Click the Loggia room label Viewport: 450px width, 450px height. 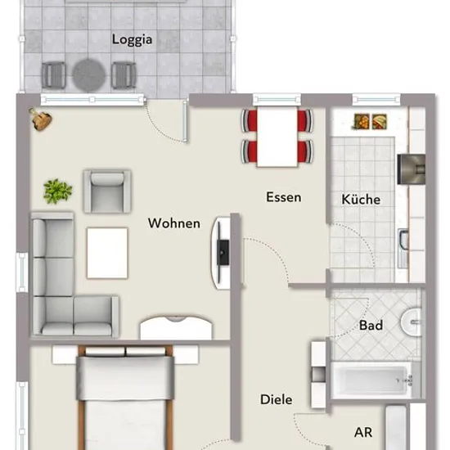click(x=132, y=39)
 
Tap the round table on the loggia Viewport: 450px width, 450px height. click(x=89, y=75)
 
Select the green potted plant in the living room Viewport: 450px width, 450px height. click(x=57, y=191)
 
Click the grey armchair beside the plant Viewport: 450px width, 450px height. click(x=107, y=191)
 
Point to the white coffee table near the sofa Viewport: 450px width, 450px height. click(x=107, y=253)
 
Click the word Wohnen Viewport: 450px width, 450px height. click(x=174, y=223)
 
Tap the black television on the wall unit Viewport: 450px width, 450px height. click(x=223, y=253)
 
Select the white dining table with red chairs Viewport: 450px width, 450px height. click(x=277, y=137)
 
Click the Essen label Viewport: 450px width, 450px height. click(x=284, y=197)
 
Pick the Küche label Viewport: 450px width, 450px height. click(x=361, y=199)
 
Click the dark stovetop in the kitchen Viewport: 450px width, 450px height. click(x=411, y=169)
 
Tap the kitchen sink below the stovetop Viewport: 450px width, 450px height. click(x=403, y=248)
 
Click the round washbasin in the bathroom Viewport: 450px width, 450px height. click(x=411, y=322)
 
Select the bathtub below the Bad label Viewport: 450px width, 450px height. click(x=371, y=380)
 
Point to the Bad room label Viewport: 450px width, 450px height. click(x=371, y=325)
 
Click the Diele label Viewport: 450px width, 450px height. click(x=276, y=399)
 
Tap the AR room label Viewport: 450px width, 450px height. click(x=363, y=432)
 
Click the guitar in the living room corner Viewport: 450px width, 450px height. click(x=41, y=119)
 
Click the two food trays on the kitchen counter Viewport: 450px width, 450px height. click(x=370, y=122)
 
